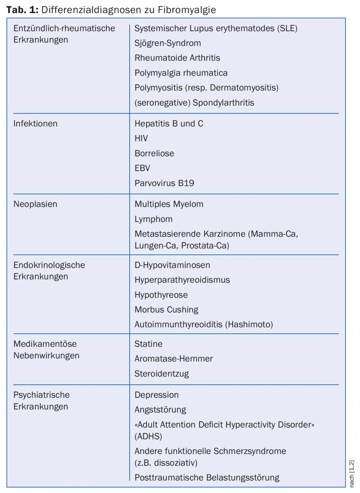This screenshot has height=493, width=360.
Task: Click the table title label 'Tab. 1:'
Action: coord(22,10)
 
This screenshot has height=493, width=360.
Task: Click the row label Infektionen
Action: coord(35,124)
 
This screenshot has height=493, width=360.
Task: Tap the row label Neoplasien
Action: coord(35,204)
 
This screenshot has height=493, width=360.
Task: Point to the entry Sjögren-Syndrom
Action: coord(168,43)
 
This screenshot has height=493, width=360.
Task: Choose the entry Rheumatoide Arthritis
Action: coord(177,58)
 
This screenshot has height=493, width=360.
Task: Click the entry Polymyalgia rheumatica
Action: coord(181,73)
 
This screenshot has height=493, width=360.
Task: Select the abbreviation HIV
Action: coord(141,138)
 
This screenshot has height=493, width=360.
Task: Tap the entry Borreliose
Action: coord(154,153)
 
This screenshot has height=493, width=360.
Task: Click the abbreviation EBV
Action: coord(142,168)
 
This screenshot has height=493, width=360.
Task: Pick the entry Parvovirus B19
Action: coord(164,183)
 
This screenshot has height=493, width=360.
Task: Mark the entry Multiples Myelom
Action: coord(169,204)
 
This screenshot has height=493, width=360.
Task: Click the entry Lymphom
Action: coord(153,219)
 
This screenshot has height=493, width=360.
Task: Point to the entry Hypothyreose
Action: coord(161,295)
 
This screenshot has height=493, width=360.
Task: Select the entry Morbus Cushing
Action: coord(166,309)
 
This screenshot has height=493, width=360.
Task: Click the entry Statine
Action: coord(148,344)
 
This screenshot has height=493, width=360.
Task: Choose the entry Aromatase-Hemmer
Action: coord(173,359)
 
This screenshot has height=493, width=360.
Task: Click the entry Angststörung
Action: coord(160,410)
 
